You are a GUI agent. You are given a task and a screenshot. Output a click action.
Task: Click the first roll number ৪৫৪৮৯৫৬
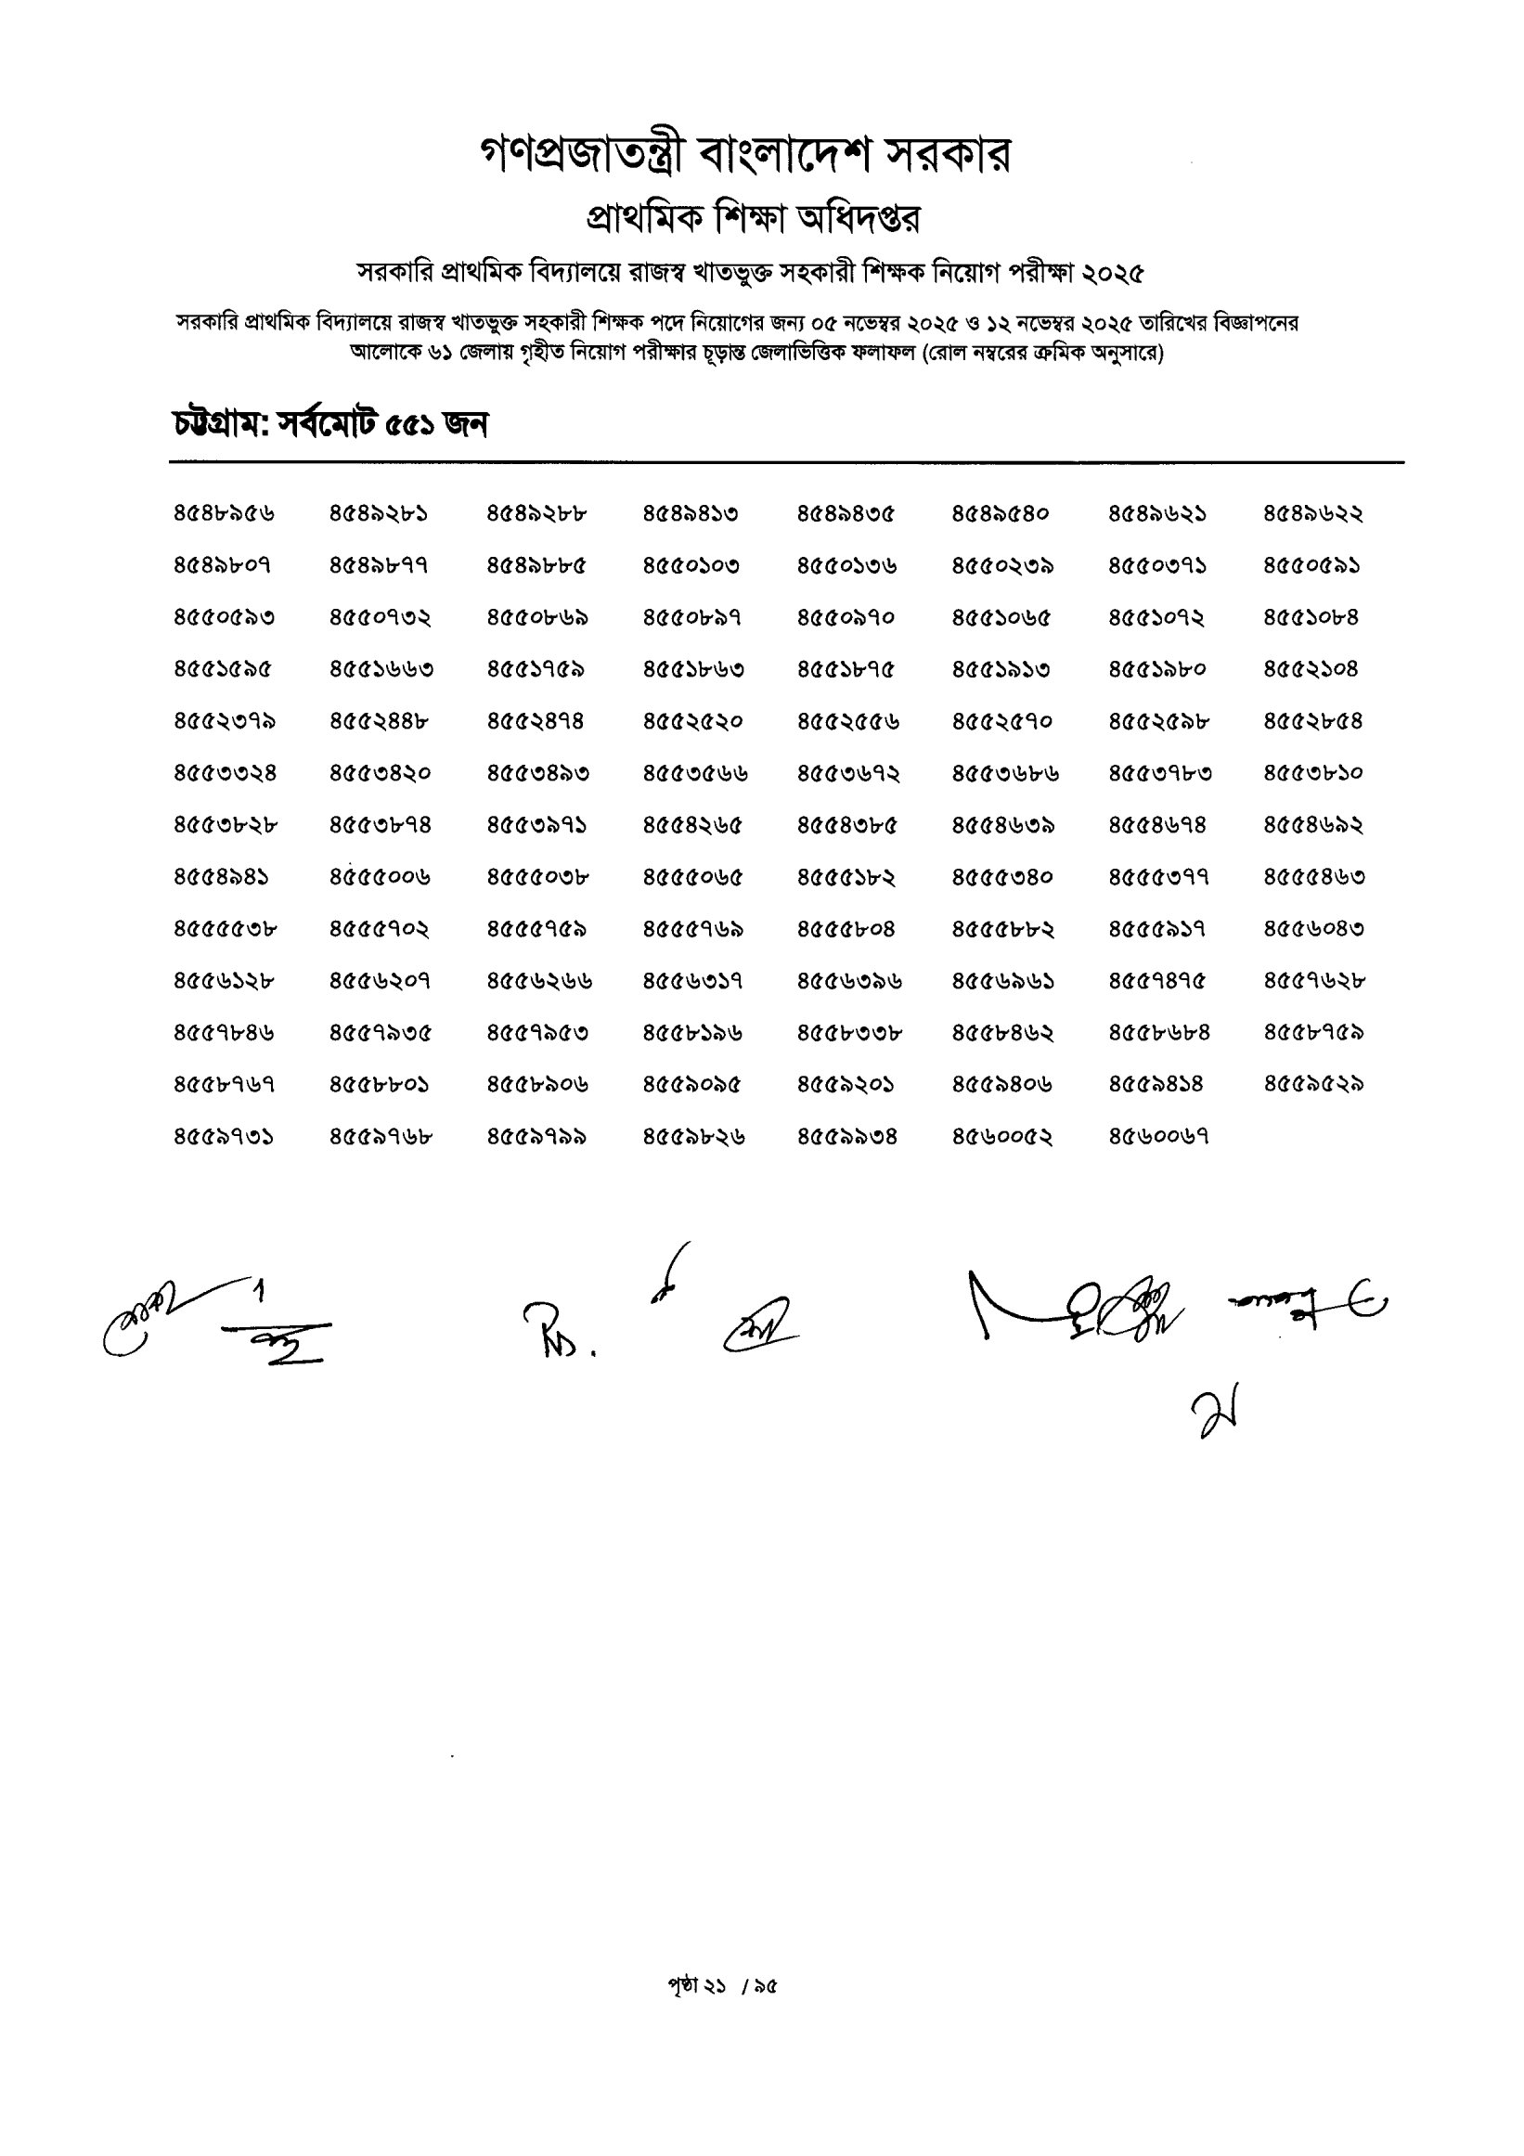click(x=225, y=513)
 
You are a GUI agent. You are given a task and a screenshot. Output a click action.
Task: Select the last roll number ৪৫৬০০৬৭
click(x=1157, y=1137)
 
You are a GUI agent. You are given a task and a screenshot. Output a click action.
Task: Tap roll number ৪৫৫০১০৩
click(x=691, y=566)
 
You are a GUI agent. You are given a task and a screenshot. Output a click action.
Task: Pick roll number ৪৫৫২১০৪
click(x=1311, y=669)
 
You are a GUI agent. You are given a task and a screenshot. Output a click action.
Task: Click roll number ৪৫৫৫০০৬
click(x=381, y=877)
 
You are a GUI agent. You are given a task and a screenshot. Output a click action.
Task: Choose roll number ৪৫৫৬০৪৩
click(x=1313, y=930)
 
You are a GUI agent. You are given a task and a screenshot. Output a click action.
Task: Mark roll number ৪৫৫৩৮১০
click(x=1312, y=774)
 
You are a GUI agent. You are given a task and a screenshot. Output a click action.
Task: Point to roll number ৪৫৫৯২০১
click(x=846, y=1085)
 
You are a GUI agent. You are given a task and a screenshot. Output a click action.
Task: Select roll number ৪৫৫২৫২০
click(x=693, y=722)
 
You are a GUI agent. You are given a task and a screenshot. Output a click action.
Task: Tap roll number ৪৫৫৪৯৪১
click(x=222, y=877)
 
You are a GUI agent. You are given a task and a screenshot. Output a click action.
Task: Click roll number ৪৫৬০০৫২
click(x=1001, y=1137)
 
